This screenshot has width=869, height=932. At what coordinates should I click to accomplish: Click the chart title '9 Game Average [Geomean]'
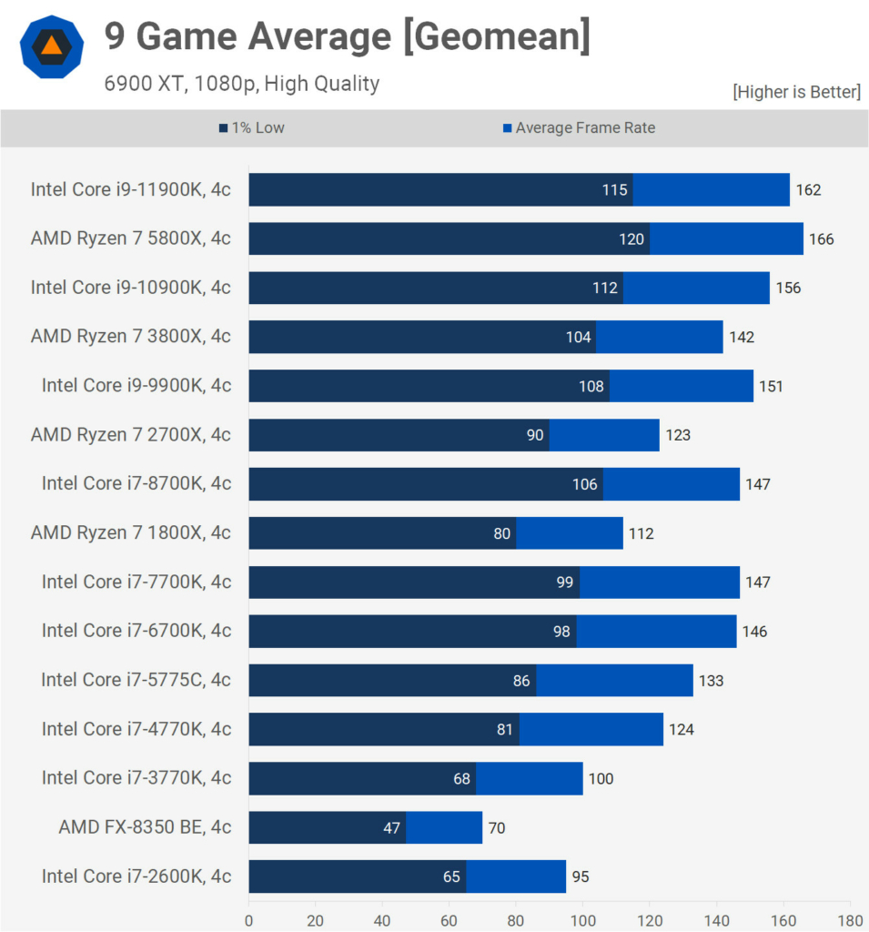(347, 37)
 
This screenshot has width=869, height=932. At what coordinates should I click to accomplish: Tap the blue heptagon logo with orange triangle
(52, 47)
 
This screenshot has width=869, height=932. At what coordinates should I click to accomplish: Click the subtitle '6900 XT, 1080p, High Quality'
(241, 84)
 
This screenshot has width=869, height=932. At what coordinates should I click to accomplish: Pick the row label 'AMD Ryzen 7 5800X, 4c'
(130, 238)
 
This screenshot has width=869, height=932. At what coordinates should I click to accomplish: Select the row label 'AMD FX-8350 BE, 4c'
(145, 827)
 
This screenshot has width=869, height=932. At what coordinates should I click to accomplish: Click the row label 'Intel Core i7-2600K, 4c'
(136, 876)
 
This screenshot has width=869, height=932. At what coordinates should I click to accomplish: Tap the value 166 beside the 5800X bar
(821, 239)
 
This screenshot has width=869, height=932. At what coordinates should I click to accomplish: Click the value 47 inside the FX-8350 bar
(391, 828)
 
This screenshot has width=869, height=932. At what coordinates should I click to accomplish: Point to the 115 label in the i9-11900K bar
(614, 190)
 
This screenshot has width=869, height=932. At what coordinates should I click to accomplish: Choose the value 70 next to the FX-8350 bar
(496, 828)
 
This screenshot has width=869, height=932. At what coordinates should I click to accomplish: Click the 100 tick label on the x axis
(582, 919)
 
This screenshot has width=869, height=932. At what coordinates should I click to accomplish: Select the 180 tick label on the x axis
(850, 919)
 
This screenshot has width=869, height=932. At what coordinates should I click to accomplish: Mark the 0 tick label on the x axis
(248, 919)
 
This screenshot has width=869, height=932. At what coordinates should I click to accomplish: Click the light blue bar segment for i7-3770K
(529, 778)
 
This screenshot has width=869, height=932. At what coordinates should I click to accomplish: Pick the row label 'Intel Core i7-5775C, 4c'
(136, 680)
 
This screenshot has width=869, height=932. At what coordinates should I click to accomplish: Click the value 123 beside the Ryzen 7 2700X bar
(677, 435)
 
